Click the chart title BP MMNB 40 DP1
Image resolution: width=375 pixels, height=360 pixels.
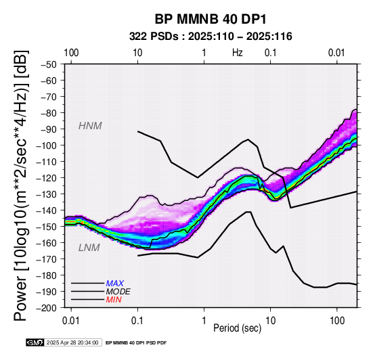coord(211,20)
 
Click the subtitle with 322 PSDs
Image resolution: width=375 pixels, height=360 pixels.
coord(211,37)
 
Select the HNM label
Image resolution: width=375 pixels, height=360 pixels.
coord(90,126)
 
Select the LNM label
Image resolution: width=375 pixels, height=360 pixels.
coord(89,248)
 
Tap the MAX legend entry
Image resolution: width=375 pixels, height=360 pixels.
coord(115,284)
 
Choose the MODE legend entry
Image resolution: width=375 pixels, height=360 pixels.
coord(118,292)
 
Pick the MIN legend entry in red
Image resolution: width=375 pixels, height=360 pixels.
coord(114,300)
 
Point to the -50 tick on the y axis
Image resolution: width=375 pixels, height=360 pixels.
coord(49,64)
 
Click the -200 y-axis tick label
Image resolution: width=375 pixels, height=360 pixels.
coord(47,308)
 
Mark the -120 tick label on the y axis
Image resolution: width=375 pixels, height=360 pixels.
coord(47,178)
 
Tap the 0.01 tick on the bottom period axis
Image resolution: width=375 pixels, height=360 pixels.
coord(71,321)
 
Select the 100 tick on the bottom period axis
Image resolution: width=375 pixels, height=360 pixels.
coord(337,321)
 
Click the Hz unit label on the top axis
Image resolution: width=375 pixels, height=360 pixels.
coord(238,53)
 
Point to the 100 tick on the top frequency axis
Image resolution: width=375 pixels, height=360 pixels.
coord(71,53)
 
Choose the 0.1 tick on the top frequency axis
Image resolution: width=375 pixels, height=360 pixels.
coord(271,53)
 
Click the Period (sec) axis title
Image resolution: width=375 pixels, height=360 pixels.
coord(237,328)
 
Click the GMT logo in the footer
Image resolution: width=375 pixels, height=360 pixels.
coord(35,342)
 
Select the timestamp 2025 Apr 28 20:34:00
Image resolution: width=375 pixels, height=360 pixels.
coord(72,343)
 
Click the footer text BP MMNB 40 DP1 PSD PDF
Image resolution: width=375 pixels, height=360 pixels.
coord(136,343)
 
